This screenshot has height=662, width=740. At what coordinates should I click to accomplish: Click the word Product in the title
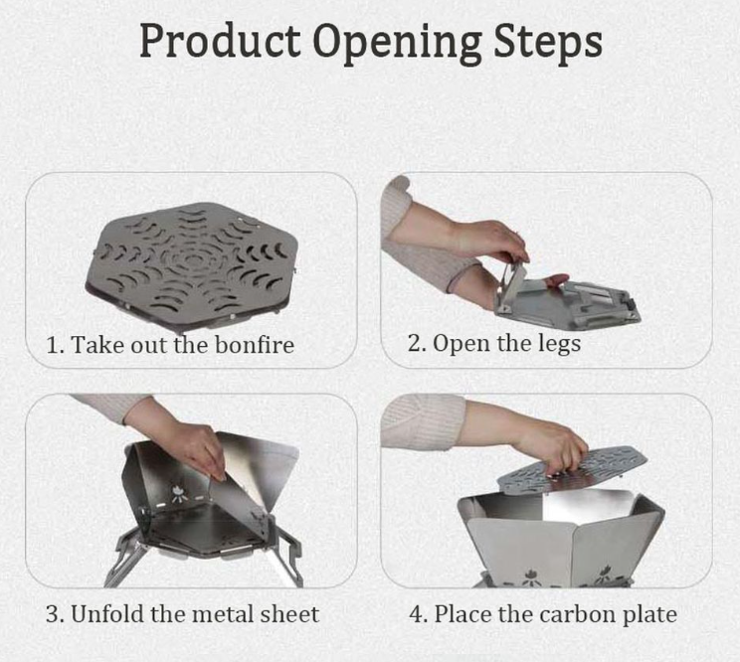point(220,41)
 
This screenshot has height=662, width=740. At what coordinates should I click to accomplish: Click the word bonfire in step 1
point(255,344)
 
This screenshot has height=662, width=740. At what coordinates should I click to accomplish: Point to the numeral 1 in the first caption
point(52,345)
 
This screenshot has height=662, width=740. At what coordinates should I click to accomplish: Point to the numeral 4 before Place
point(416,614)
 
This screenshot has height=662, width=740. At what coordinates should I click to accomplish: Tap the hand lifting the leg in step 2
point(490,240)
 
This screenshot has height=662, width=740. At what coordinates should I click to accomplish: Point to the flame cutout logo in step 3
point(178,493)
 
